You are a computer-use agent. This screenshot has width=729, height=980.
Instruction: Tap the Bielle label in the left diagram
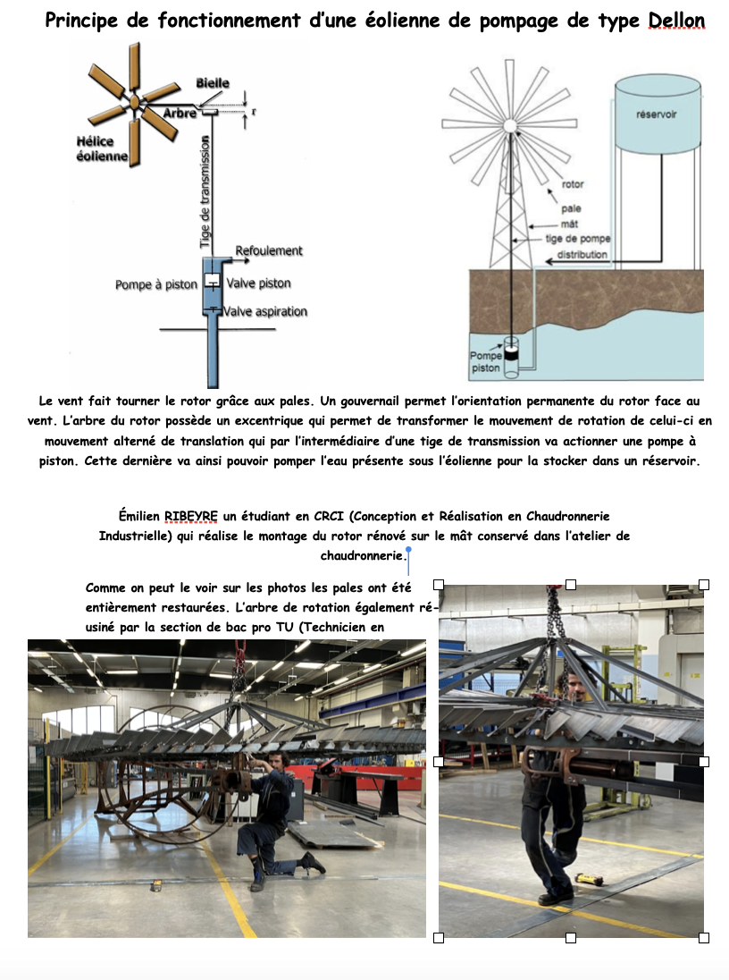tap(213, 83)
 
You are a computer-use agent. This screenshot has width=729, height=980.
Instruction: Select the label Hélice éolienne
tap(102, 149)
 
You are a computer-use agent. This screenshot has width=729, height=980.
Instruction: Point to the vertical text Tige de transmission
tap(205, 191)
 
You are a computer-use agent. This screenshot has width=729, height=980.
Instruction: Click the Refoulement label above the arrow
tap(269, 251)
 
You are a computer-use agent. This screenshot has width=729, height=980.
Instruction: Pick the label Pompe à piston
tap(156, 284)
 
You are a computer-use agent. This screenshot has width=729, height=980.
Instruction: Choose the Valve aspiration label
tap(266, 311)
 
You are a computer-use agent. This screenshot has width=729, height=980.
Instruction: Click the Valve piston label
tap(258, 283)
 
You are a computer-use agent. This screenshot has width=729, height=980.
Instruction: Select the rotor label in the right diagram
tap(573, 185)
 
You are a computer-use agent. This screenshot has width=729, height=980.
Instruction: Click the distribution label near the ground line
tap(582, 255)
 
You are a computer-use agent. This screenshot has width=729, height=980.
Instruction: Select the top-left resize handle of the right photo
tap(439, 585)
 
